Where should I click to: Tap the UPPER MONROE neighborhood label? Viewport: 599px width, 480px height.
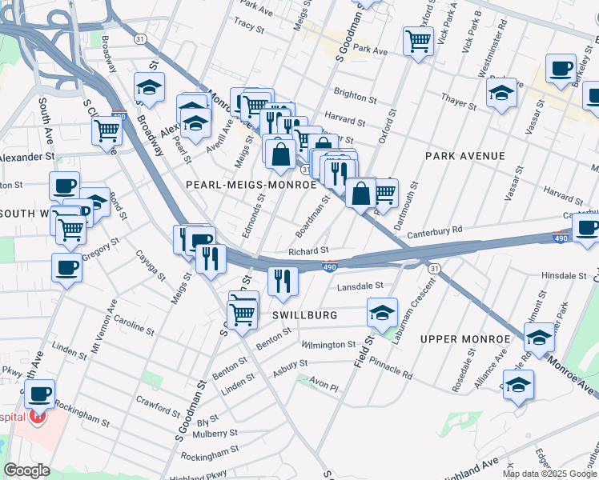click(x=465, y=339)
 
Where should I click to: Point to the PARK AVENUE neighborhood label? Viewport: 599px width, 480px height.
click(x=465, y=155)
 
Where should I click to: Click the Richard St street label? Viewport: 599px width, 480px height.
click(x=308, y=251)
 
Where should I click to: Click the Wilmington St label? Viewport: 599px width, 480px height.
click(x=328, y=345)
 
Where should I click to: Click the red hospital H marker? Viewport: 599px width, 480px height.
click(x=35, y=417)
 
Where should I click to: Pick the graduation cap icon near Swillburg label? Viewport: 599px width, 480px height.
click(x=383, y=313)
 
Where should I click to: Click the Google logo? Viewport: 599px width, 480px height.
click(x=27, y=470)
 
